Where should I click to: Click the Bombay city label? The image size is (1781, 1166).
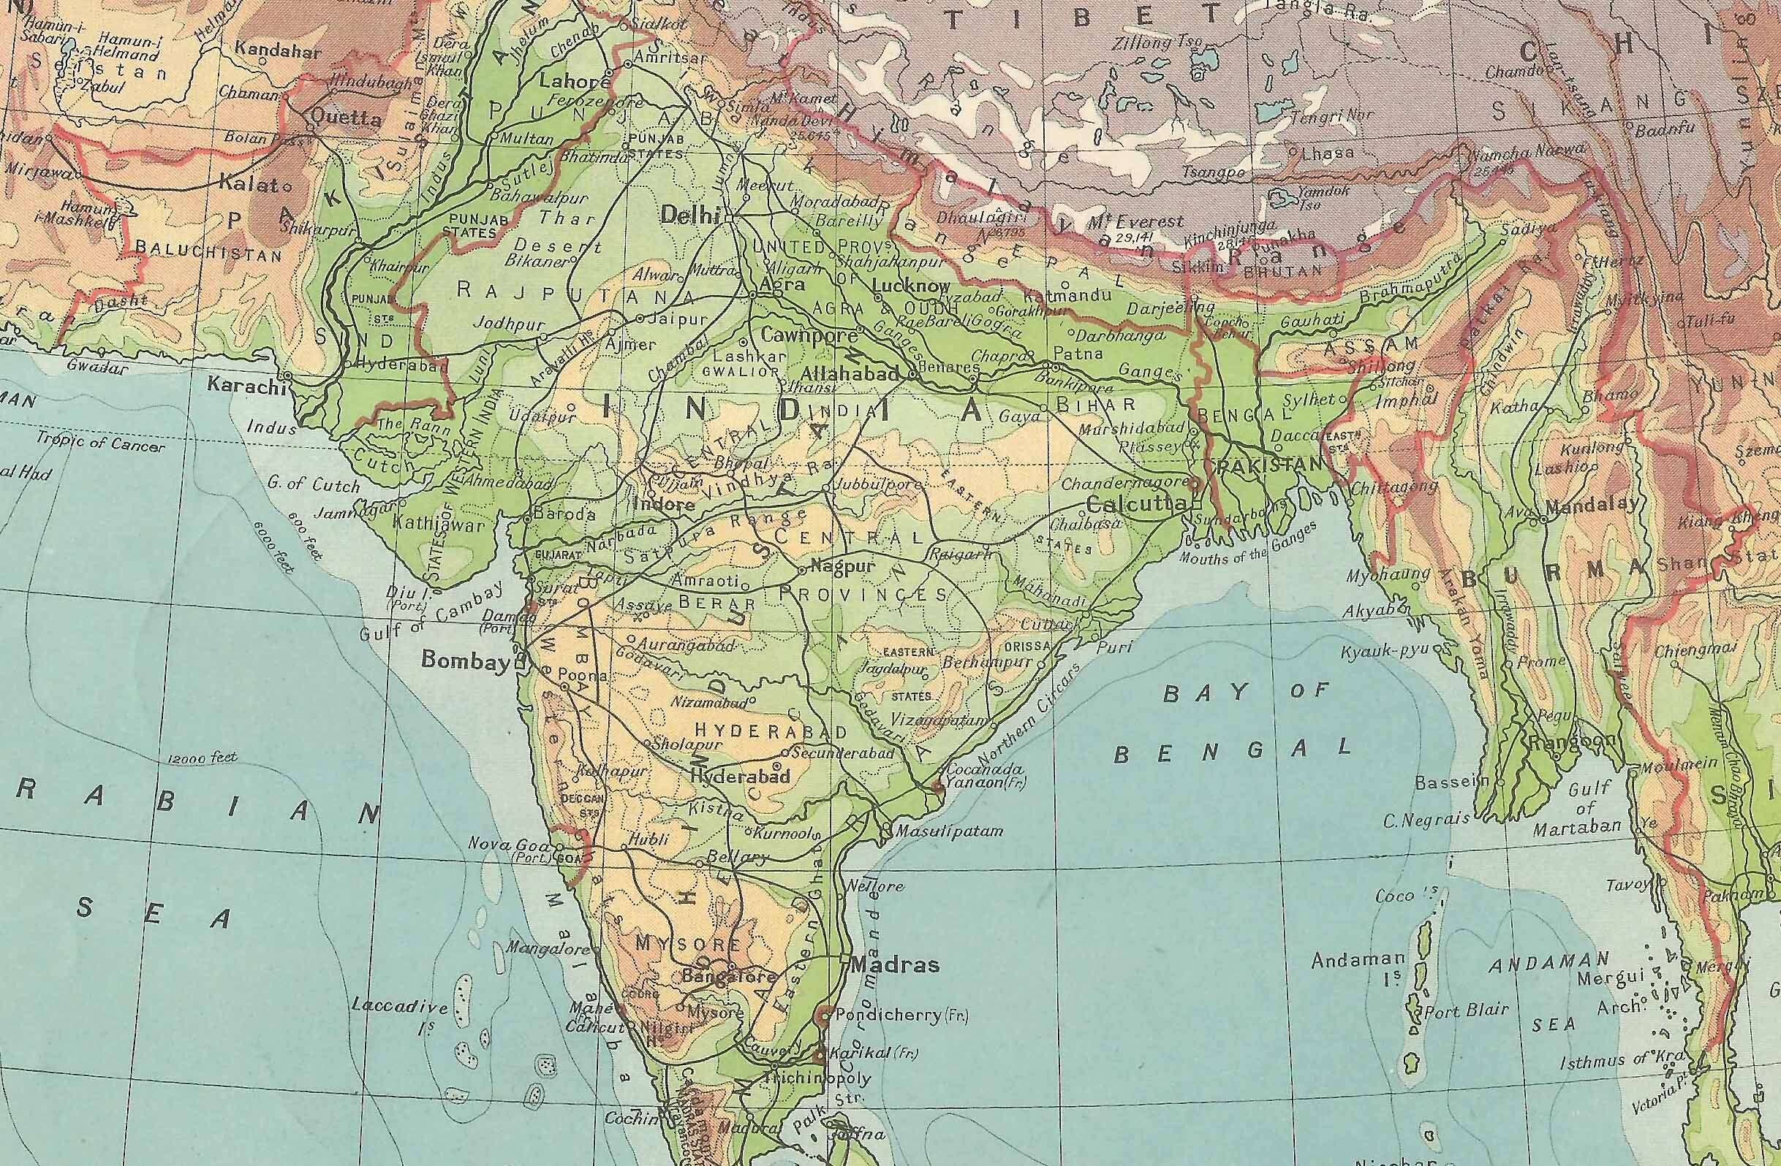[x=465, y=660]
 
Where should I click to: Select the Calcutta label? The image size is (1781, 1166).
[x=1135, y=503]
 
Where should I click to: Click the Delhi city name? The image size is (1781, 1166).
[x=689, y=216]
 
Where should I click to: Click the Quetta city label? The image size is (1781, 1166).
[x=335, y=118]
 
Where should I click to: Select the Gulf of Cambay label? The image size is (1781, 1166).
[x=428, y=611]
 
